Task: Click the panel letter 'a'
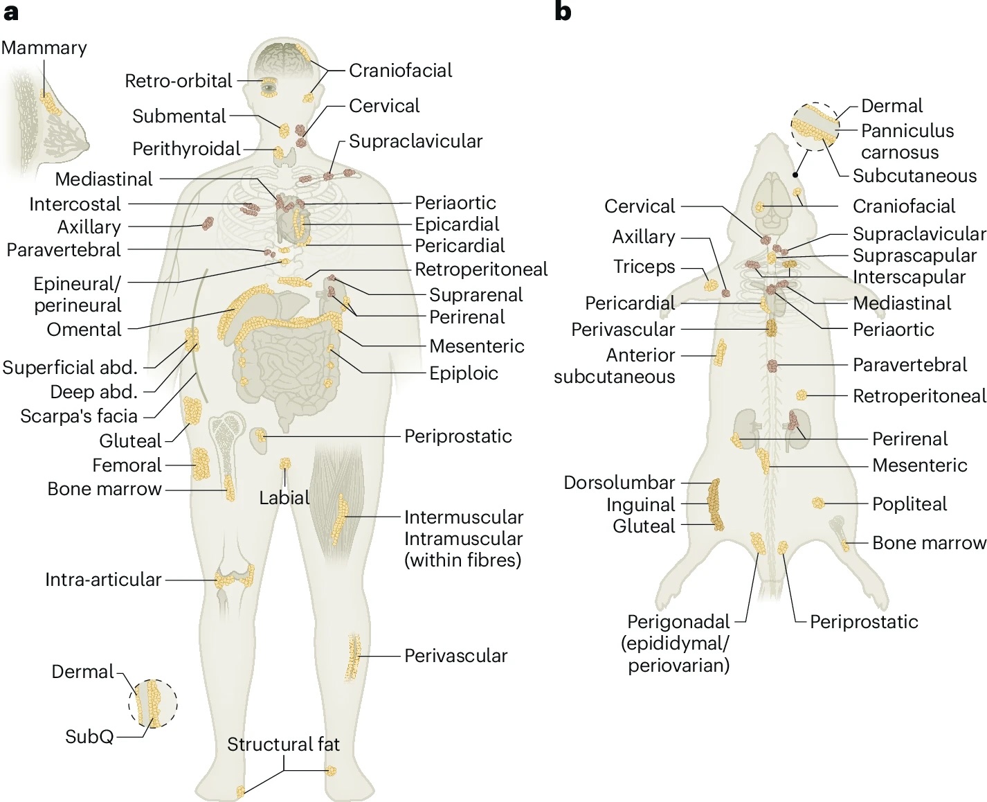click(x=10, y=12)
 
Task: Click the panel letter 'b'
click(x=563, y=12)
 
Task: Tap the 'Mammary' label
click(x=44, y=48)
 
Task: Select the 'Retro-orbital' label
click(x=179, y=81)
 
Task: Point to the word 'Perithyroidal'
click(x=186, y=149)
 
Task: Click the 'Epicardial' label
click(x=457, y=224)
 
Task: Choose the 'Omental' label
click(x=84, y=330)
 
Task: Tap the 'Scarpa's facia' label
click(x=79, y=416)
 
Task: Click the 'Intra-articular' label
click(x=103, y=580)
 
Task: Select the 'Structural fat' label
click(x=283, y=745)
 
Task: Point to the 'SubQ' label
click(x=89, y=736)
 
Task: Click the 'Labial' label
click(x=284, y=497)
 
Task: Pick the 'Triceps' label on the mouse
click(x=644, y=267)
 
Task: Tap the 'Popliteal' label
click(x=909, y=504)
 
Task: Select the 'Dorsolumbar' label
click(x=619, y=483)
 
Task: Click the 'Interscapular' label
click(x=909, y=277)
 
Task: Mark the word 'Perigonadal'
click(x=678, y=622)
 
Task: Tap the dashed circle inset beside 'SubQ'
click(x=153, y=704)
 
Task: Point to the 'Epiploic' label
click(x=464, y=373)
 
